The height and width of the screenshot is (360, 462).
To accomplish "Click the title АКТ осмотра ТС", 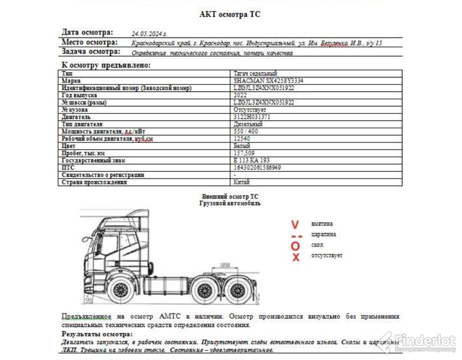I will pos(230,14).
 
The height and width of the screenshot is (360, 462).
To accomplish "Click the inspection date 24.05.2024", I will pos(149,33).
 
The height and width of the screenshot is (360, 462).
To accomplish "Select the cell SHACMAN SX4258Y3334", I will pos(268,80).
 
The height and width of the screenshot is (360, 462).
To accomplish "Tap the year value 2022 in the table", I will pos(240,95).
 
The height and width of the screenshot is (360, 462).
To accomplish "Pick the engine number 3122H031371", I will pos(252,117).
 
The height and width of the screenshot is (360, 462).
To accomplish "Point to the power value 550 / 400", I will pos(246,131).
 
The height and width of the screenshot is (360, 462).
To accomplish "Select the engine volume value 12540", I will pos(242,138).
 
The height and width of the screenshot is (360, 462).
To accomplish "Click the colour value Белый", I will pos(242,146).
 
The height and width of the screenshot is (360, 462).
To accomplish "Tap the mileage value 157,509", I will pos(244,153).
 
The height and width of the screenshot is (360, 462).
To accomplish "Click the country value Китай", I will pos(242,182).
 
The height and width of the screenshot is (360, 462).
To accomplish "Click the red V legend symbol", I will pos(295,224).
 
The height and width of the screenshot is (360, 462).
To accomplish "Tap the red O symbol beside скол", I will pos(295,245).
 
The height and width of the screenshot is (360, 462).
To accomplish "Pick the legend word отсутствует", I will pos(327,255).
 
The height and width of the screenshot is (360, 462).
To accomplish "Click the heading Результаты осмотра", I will pos(97,334).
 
